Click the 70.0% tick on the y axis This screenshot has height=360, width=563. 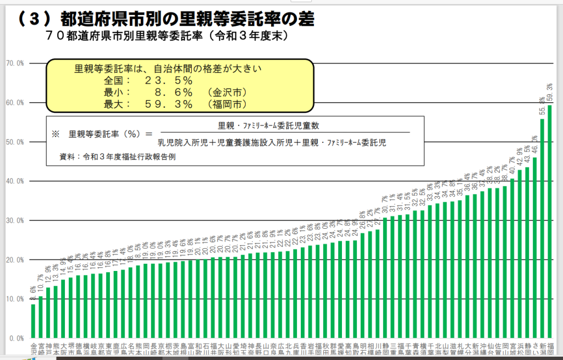click(15, 63)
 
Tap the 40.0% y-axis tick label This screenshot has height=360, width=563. click(15, 181)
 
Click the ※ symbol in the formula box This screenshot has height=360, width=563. click(55, 134)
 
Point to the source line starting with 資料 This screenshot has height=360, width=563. click(118, 157)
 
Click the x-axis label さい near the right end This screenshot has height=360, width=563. click(534, 350)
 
